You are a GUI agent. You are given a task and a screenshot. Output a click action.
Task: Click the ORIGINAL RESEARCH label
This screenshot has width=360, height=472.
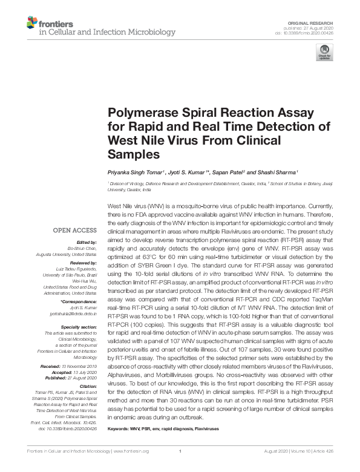(x=310, y=22)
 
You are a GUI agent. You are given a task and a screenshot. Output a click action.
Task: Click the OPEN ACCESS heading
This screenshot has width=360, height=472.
(x=75, y=231)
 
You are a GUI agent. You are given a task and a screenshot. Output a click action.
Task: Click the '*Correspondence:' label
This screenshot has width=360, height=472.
(x=79, y=301)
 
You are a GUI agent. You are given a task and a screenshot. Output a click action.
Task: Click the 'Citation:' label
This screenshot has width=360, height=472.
(x=87, y=386)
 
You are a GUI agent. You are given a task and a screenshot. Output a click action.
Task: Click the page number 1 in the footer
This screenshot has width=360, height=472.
(x=180, y=467)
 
